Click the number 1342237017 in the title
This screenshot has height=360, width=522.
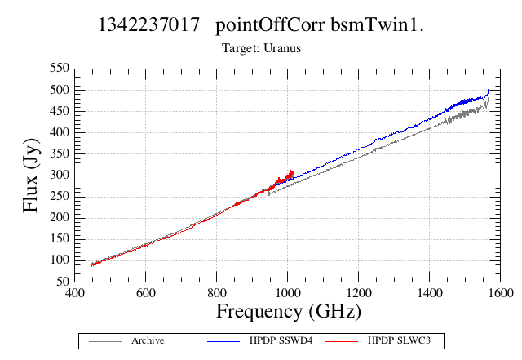(x=148, y=24)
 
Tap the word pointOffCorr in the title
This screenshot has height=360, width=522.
(x=270, y=25)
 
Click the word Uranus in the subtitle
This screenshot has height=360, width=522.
(x=282, y=48)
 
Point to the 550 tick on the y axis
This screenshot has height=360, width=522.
(x=60, y=68)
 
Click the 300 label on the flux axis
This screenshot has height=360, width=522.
(x=60, y=175)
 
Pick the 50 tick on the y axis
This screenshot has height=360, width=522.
(x=63, y=282)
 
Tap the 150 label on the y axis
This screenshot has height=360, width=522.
(x=60, y=238)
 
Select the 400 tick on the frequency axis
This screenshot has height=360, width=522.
(x=74, y=293)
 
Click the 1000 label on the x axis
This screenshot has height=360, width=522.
(x=287, y=293)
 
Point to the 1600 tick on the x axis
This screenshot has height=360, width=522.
(x=500, y=293)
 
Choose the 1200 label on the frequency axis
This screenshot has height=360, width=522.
(x=359, y=293)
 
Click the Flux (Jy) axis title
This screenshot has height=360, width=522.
(x=31, y=176)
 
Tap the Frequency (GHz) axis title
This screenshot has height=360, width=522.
(x=289, y=312)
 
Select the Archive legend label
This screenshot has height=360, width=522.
(x=148, y=340)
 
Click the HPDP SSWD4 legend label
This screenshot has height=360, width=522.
(x=281, y=340)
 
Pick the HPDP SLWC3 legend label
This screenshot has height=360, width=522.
(x=399, y=340)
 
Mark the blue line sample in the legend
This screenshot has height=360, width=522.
(x=223, y=341)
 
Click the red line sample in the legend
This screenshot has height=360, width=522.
(x=342, y=341)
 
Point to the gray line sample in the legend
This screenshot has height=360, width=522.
(x=105, y=341)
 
